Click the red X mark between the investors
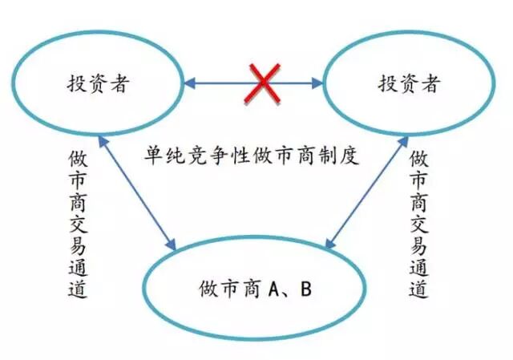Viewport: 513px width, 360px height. [x=256, y=83]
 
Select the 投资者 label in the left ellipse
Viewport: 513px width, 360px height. [x=97, y=83]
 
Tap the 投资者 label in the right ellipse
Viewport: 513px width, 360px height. [x=409, y=83]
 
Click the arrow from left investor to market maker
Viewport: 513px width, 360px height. [x=136, y=193]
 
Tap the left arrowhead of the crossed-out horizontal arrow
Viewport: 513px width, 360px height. [x=188, y=83]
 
